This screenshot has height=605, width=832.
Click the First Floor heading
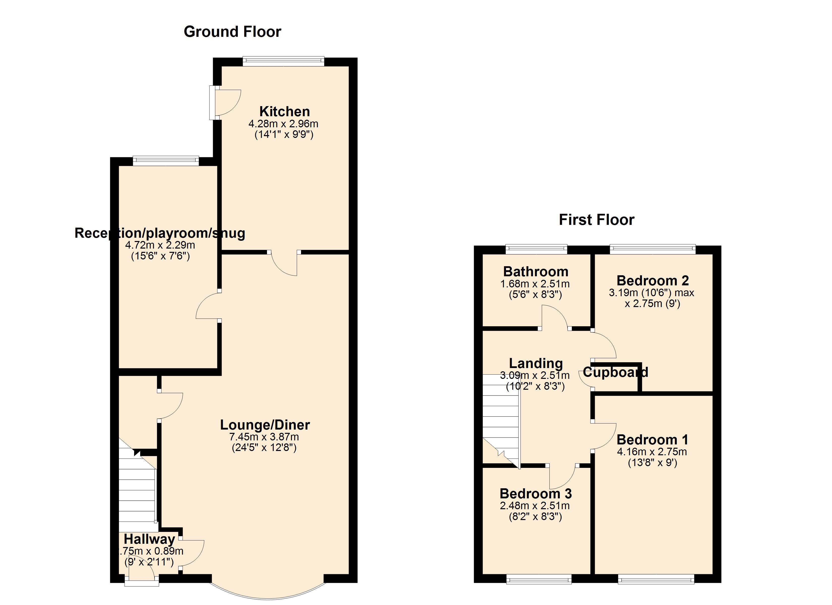pyautogui.click(x=597, y=220)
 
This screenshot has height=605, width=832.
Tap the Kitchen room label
pyautogui.click(x=284, y=111)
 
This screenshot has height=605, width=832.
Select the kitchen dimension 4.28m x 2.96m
pyautogui.click(x=283, y=124)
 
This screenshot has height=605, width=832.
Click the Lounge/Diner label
pyautogui.click(x=265, y=425)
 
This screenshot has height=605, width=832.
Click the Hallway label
pyautogui.click(x=149, y=539)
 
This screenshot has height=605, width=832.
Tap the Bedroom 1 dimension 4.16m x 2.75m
pyautogui.click(x=652, y=452)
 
